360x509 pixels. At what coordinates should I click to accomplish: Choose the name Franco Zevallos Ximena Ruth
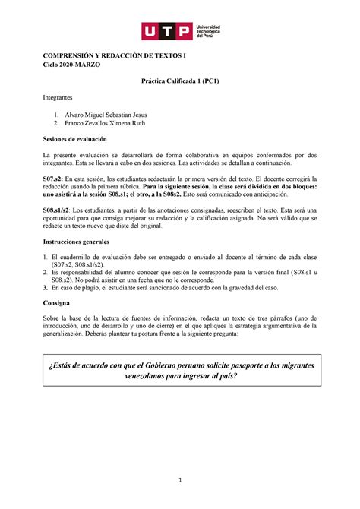point(112,123)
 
